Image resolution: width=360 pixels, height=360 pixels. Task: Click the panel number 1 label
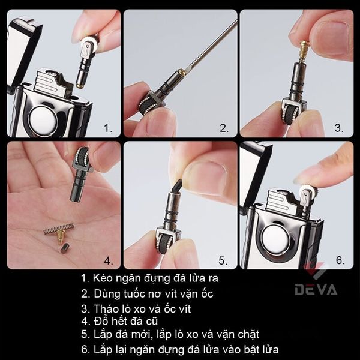pos(108,128)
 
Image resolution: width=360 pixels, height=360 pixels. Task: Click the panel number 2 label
pos(224,128)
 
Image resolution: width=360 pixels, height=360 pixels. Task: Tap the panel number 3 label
pos(339,128)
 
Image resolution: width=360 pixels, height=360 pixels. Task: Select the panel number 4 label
pos(109,260)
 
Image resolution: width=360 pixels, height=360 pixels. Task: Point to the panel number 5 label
pos(223,260)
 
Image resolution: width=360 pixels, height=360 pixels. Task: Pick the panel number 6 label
pos(340,260)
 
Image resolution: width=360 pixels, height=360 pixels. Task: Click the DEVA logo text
pos(316,290)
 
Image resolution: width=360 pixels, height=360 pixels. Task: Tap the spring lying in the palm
pos(59,229)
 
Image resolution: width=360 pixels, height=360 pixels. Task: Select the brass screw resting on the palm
pos(61,236)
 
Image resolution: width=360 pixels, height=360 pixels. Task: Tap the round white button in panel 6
pos(275,238)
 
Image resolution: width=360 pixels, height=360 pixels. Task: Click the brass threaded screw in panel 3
pos(303,52)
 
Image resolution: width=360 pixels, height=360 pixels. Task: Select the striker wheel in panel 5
pos(163,243)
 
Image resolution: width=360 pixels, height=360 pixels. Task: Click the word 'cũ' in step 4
pos(152,321)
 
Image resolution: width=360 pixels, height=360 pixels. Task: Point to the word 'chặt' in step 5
pos(248,334)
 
